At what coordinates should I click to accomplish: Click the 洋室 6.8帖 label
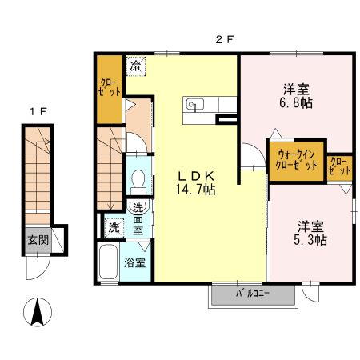click(295, 95)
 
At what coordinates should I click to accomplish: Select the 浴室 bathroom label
click(134, 262)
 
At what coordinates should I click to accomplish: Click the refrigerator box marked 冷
click(137, 65)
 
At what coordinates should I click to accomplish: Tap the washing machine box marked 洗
click(114, 227)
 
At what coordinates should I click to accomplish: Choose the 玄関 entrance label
click(37, 239)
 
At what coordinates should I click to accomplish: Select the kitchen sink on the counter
click(194, 103)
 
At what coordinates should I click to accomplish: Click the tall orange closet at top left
click(110, 89)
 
